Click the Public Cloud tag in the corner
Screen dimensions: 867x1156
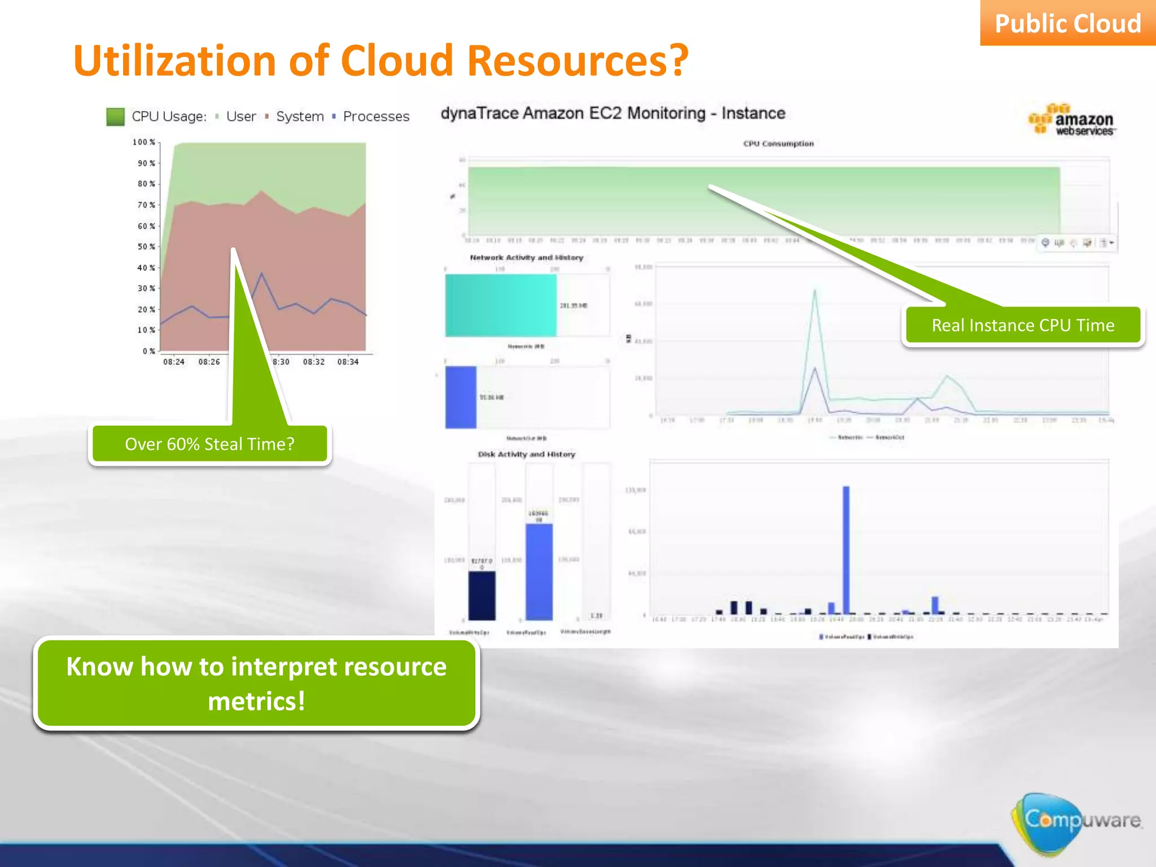1067,24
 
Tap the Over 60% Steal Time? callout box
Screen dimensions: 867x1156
209,444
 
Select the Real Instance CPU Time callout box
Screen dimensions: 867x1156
1023,325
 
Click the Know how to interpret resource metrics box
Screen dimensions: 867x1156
256,684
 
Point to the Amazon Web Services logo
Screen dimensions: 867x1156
1072,120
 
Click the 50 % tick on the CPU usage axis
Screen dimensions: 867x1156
146,247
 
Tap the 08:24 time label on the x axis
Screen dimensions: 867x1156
174,362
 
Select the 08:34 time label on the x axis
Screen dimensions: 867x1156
348,362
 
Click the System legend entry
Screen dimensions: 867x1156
299,116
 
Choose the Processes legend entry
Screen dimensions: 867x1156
376,116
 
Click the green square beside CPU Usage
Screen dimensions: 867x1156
115,117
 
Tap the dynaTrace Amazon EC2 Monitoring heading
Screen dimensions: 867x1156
612,113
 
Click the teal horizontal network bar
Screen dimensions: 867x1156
501,305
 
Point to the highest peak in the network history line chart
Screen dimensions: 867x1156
815,291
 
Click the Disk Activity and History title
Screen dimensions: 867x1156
526,454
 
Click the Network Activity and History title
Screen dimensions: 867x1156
526,257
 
